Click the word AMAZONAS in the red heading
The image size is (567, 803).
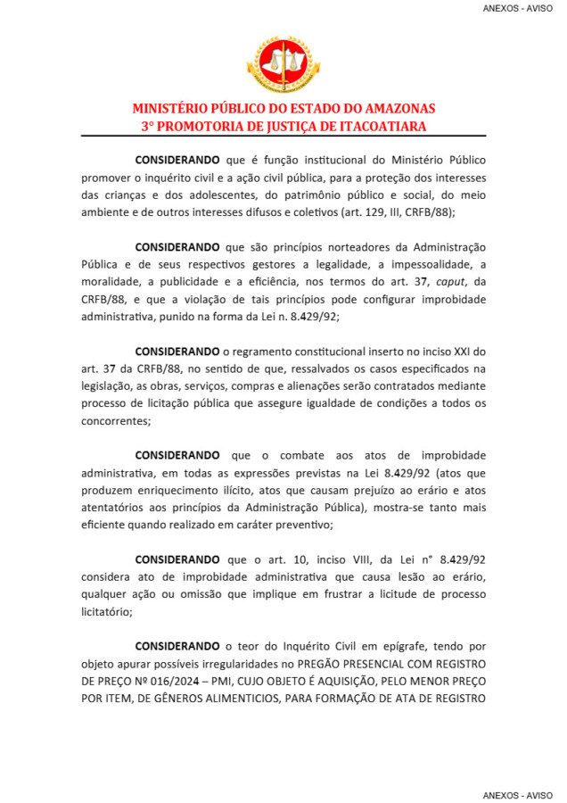(393, 109)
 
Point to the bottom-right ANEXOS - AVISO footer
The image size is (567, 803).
(518, 793)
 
